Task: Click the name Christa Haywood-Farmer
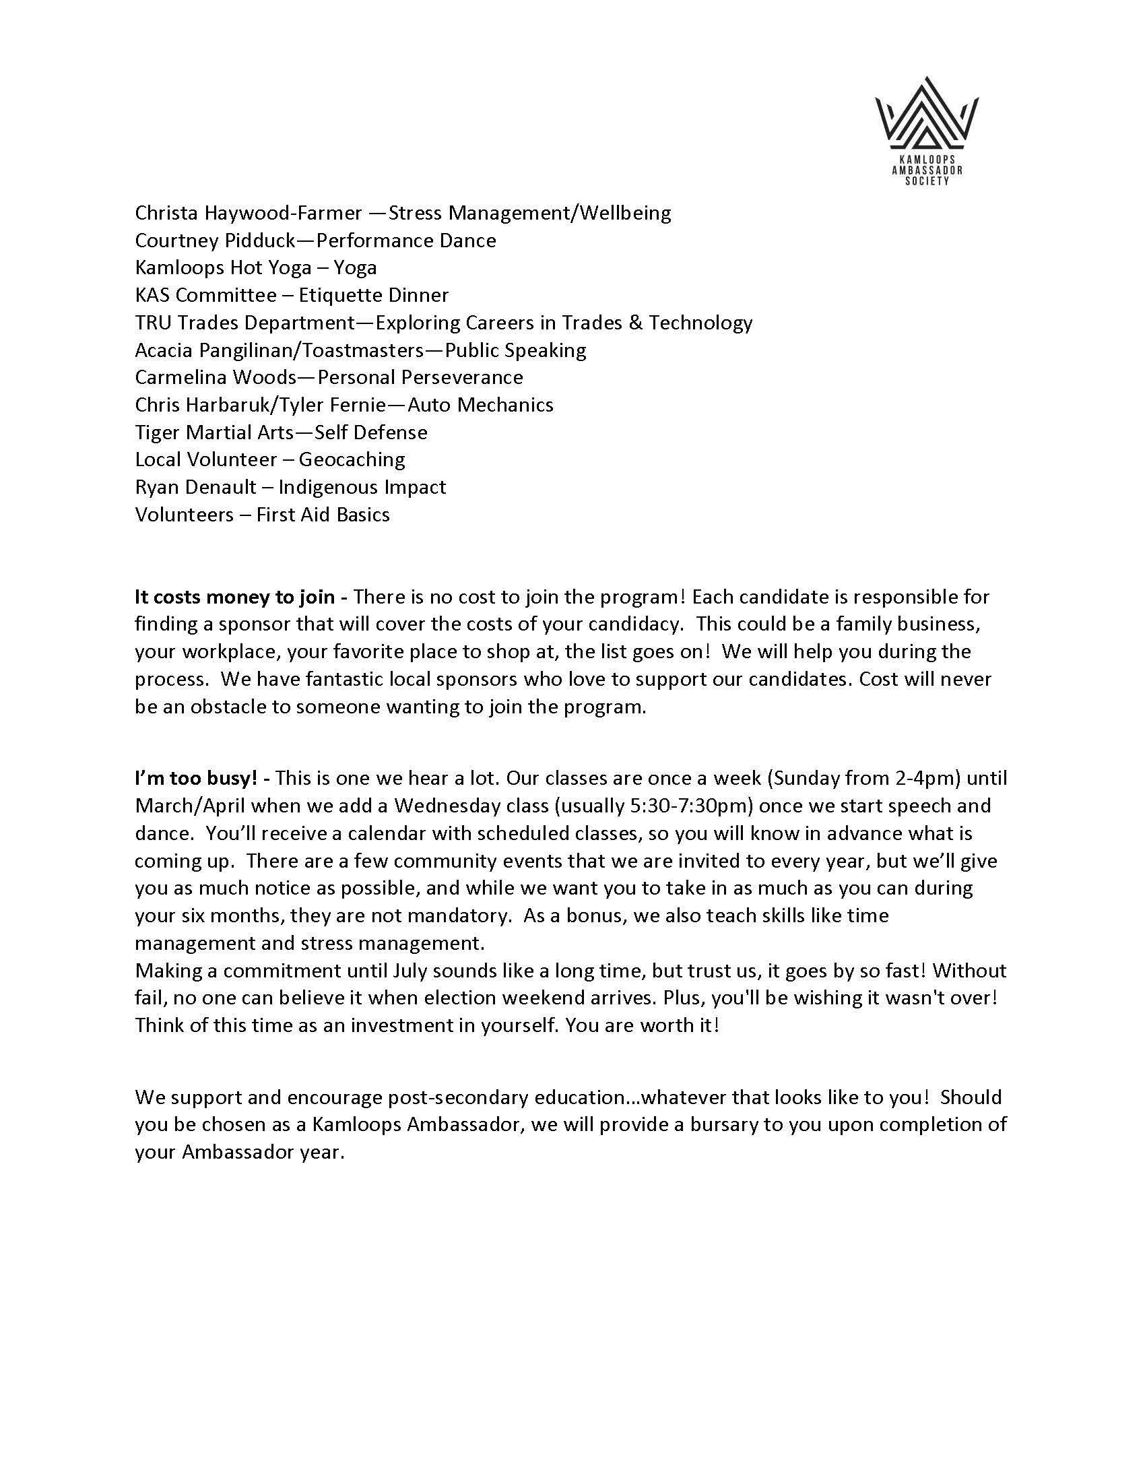click(x=249, y=213)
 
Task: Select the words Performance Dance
click(x=406, y=240)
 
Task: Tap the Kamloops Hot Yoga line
click(x=256, y=267)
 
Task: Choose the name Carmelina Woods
click(x=216, y=377)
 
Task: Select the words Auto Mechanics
click(x=480, y=405)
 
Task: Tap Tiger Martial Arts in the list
click(x=214, y=432)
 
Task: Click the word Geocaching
click(x=352, y=459)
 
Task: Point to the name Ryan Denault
click(x=195, y=487)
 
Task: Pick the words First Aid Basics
click(x=323, y=515)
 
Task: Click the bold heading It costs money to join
click(x=234, y=597)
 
